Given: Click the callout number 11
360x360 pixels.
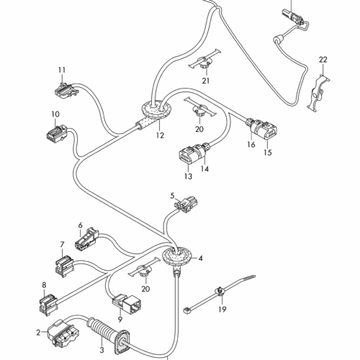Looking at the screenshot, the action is [62, 70].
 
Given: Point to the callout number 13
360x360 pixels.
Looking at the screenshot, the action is [189, 176].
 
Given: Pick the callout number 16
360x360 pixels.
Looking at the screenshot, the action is [251, 145].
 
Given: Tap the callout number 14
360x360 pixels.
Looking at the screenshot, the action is [204, 169].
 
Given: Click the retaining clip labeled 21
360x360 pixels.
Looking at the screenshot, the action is [204, 63].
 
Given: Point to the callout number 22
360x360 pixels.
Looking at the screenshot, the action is [323, 60].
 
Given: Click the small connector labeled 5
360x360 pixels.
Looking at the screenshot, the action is [186, 204].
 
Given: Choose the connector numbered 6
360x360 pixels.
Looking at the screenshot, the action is [86, 238].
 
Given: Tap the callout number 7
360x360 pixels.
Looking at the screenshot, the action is [62, 245].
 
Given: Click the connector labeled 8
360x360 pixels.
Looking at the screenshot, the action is [48, 304].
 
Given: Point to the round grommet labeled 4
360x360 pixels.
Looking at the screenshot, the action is [177, 256].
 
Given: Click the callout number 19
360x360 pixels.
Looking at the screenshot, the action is [222, 310].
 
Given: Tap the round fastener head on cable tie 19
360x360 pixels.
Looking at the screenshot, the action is [220, 291].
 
